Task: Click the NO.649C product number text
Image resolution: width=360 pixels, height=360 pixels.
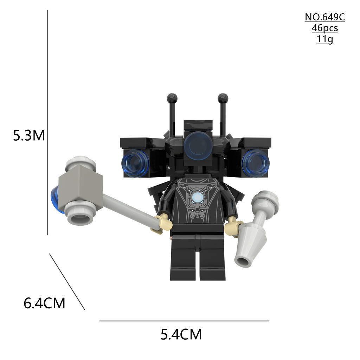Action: click(x=324, y=17)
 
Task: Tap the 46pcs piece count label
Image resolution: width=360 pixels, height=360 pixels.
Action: click(x=324, y=28)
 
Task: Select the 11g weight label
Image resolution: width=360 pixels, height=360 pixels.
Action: click(x=324, y=39)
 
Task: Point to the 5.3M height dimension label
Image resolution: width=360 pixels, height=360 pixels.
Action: click(x=29, y=135)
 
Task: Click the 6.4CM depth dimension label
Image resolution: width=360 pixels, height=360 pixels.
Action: click(x=44, y=303)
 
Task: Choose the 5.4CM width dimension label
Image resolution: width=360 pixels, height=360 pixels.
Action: click(x=181, y=334)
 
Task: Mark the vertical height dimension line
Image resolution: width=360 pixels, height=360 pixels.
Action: click(x=47, y=123)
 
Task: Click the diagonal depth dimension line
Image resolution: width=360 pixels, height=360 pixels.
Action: click(x=67, y=282)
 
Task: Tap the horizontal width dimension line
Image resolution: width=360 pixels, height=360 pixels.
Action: click(x=184, y=321)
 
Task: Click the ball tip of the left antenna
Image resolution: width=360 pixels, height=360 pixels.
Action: click(x=172, y=98)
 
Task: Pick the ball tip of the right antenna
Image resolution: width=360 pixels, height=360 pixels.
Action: click(x=223, y=98)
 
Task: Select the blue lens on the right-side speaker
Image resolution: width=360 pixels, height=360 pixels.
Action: click(x=255, y=163)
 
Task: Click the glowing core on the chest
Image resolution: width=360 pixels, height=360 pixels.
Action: click(x=197, y=198)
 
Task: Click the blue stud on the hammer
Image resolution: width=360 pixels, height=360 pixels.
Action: click(x=56, y=199)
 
